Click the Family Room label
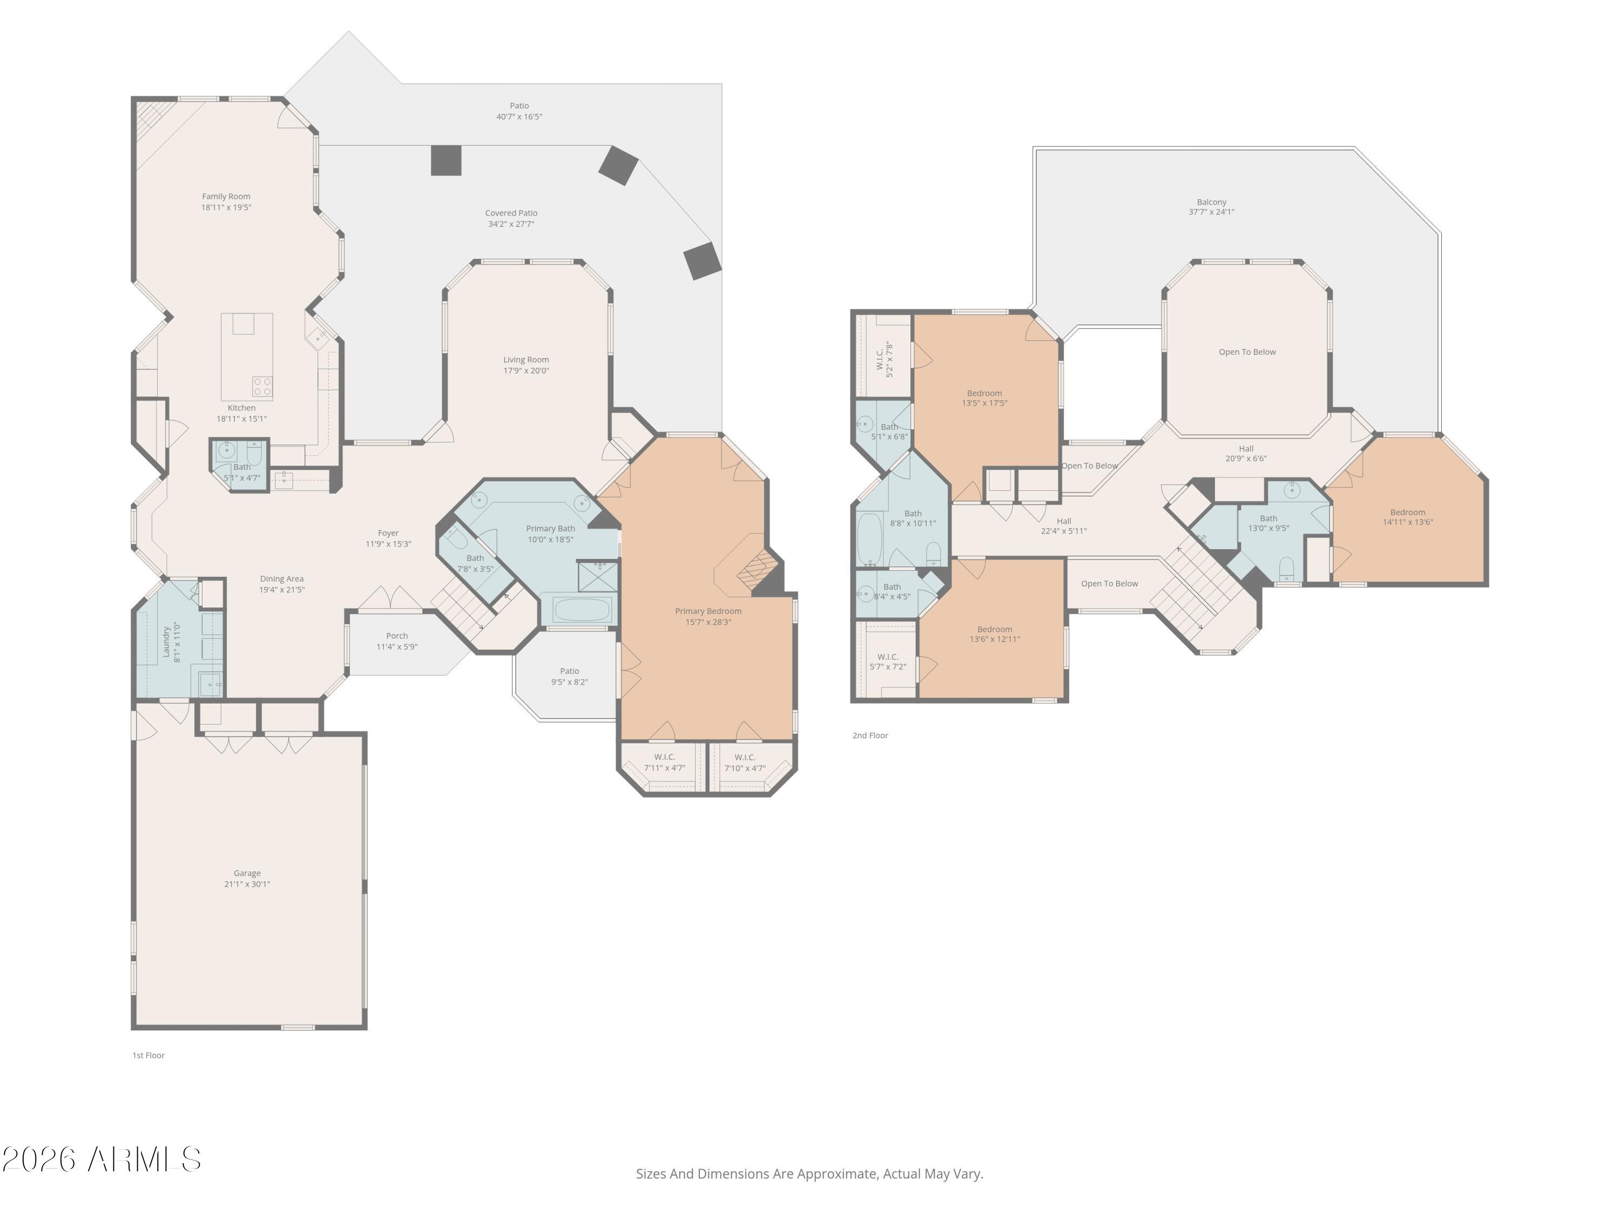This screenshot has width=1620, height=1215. (226, 196)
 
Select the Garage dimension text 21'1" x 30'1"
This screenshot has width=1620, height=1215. (247, 884)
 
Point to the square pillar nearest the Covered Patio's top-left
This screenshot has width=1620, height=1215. (446, 160)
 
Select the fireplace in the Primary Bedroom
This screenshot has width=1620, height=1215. (755, 568)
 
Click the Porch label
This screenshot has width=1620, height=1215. (396, 636)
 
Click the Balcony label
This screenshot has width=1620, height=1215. (1211, 202)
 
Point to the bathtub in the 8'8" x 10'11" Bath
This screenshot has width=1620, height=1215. (869, 540)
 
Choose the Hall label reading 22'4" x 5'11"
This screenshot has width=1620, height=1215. (1063, 526)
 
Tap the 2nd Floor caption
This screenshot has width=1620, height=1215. (869, 735)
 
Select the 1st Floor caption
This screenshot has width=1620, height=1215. (148, 1055)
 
